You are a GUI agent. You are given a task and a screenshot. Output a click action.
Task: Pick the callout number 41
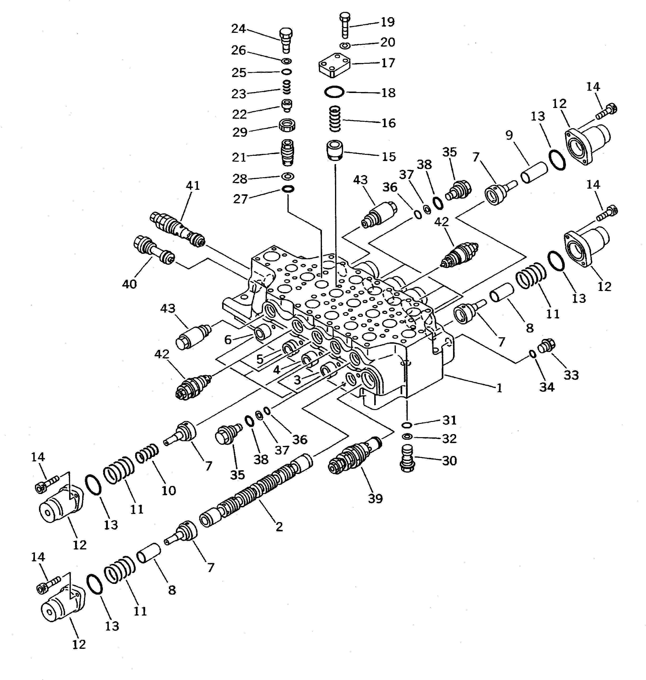[193, 186]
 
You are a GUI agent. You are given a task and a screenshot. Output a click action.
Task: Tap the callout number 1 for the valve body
[499, 388]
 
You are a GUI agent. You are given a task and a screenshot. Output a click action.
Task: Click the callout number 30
[449, 460]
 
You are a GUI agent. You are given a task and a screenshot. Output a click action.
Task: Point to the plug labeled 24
[286, 40]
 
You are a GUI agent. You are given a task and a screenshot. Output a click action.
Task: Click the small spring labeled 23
[286, 87]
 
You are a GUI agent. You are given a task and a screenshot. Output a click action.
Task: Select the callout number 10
[169, 490]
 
